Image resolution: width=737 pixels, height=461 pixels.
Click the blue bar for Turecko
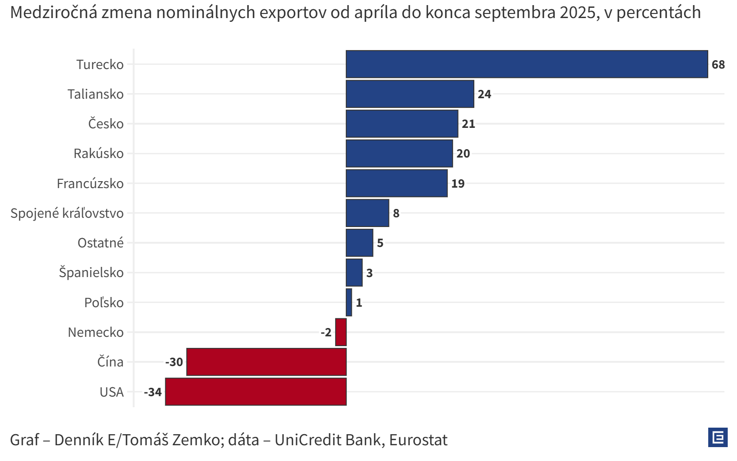point(527,64)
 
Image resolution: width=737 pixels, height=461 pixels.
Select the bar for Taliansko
point(410,94)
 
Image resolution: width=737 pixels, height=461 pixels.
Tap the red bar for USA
point(256,392)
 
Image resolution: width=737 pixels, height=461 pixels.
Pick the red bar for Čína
point(266,362)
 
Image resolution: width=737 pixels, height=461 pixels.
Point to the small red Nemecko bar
point(341,332)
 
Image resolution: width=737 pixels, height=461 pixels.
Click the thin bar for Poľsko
point(349,303)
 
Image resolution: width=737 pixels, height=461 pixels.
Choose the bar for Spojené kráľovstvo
point(367,213)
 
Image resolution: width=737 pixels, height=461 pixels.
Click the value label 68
point(718,64)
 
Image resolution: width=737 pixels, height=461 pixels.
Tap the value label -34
point(153,392)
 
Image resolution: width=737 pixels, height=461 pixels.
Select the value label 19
point(458,183)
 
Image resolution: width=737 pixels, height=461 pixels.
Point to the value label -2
point(326,332)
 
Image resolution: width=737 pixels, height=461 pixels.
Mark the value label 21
point(468,124)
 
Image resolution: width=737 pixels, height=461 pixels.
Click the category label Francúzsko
point(90,183)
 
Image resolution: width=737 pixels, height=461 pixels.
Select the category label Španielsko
point(91,272)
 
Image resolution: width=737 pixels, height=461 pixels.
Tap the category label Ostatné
point(100,243)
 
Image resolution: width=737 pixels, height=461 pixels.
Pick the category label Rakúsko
point(98,153)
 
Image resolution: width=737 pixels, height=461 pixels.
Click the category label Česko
point(106,124)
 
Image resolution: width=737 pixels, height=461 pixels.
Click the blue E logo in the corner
point(718,437)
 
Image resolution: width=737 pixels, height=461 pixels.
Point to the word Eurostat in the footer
point(418,440)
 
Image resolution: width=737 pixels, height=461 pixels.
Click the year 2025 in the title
point(578,13)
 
